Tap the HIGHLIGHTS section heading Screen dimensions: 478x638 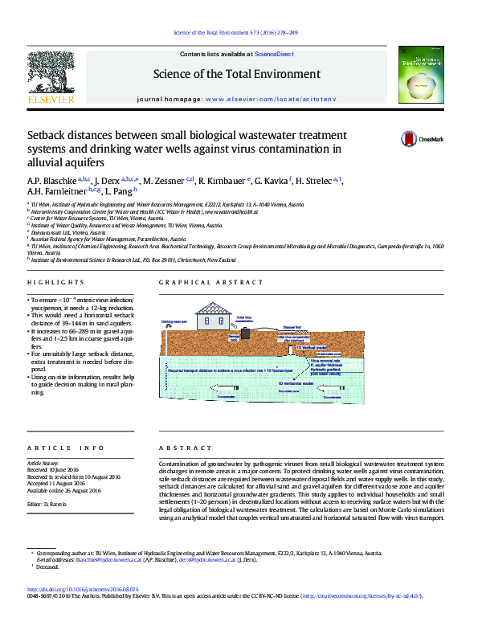coord(55,283)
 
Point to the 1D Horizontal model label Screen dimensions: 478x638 coord(296,384)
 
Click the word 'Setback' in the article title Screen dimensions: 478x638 coord(49,135)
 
